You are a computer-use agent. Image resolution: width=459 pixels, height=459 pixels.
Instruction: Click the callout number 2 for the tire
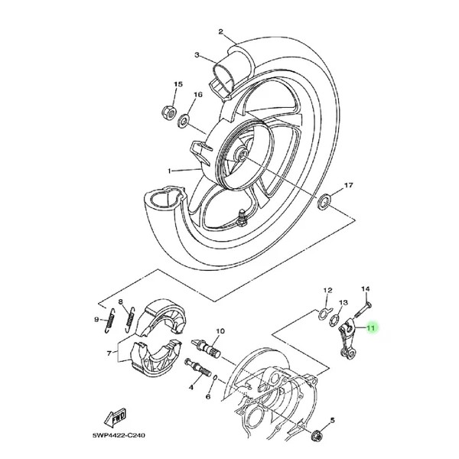(220, 31)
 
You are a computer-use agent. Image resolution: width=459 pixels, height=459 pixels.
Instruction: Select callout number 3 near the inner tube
(197, 55)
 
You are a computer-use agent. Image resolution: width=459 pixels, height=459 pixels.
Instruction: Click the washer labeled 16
(183, 121)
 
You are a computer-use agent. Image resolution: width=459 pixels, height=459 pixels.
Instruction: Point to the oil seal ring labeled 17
(325, 203)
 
